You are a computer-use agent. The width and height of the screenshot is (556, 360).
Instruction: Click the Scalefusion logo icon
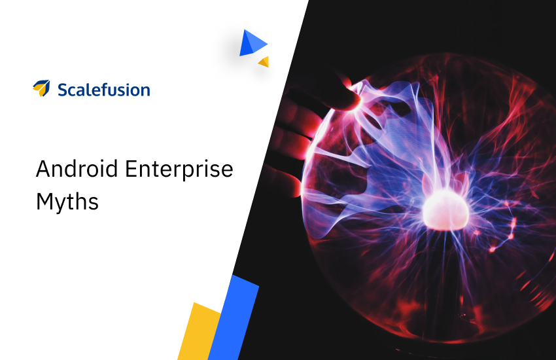coord(41,88)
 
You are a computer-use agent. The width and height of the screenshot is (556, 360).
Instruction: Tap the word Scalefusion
coord(104,90)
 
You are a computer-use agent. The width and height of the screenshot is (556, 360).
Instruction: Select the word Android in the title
coord(77,168)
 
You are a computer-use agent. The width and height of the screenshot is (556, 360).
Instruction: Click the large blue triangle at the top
coord(252,43)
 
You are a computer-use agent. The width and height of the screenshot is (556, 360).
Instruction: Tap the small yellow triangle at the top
coord(264,62)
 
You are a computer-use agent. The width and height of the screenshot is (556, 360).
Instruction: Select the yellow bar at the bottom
coord(200,332)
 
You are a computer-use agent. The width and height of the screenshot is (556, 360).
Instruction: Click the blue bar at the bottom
coord(234,317)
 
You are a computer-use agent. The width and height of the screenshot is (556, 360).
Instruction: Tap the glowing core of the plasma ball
coord(445,210)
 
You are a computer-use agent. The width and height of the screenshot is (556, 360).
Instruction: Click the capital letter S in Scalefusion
coord(63,90)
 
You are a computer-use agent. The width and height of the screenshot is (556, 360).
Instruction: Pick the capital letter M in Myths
coord(44,201)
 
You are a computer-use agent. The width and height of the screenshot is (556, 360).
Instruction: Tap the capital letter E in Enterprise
coord(131,168)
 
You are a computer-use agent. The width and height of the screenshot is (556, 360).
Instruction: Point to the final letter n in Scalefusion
coord(145,91)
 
